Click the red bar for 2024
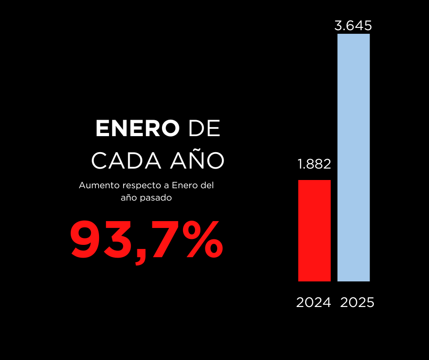314,230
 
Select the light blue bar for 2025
353,157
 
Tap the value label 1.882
314,164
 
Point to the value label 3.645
353,26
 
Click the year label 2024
314,302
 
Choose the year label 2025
357,302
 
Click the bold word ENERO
137,129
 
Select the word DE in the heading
204,129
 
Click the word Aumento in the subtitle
95,186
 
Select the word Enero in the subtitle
186,186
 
